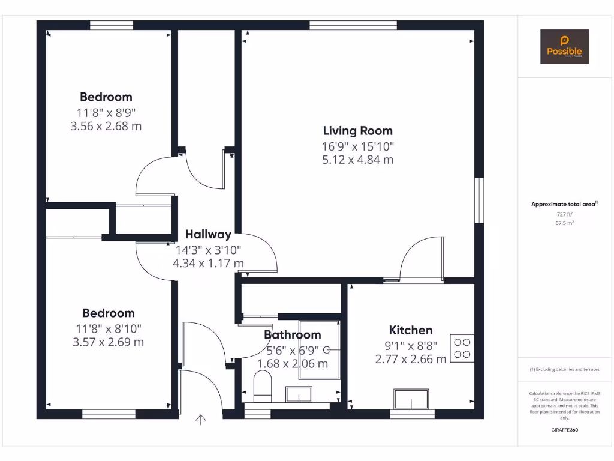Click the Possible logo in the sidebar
coord(564,47)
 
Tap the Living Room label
coord(357,131)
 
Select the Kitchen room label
coord(411,330)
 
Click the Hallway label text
coord(208,235)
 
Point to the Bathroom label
coord(293,335)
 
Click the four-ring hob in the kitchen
coord(462,348)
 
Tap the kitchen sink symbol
coord(413,399)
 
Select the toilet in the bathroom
coord(263,386)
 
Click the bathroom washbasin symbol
coord(298,394)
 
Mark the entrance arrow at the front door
coord(201,420)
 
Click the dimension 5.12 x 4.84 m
coord(357,160)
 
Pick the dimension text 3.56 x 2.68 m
coord(106,126)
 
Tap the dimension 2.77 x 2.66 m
coord(411,359)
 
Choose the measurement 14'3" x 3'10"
coord(208,250)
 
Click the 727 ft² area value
coord(564,214)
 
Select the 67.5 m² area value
coord(564,223)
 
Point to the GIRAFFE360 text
coord(564,430)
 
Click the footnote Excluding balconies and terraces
coord(564,369)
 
